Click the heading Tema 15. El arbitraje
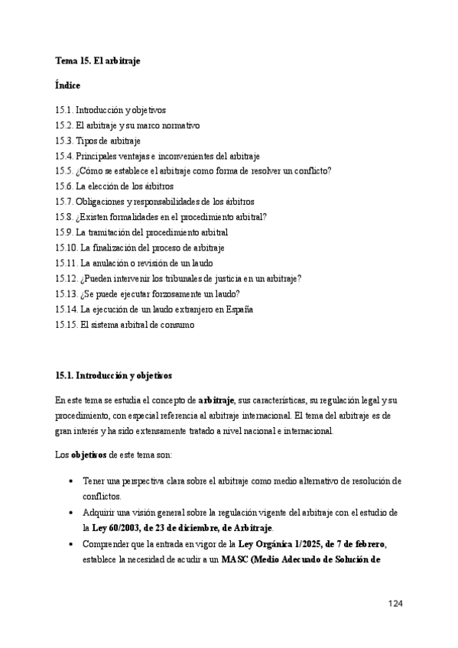[97, 60]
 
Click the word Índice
[68, 86]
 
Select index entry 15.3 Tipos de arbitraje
[98, 141]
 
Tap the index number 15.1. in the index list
[64, 110]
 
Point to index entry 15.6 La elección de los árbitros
[115, 186]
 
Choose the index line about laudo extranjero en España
[154, 309]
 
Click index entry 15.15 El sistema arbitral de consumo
[125, 325]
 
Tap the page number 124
[395, 604]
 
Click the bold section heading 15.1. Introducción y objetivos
[114, 376]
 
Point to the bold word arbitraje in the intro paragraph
[216, 400]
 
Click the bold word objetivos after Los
[89, 455]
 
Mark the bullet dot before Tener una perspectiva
[71, 481]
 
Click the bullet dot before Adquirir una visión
[71, 513]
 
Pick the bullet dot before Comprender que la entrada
[71, 543]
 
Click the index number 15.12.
[67, 279]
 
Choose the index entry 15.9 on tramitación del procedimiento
[142, 232]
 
